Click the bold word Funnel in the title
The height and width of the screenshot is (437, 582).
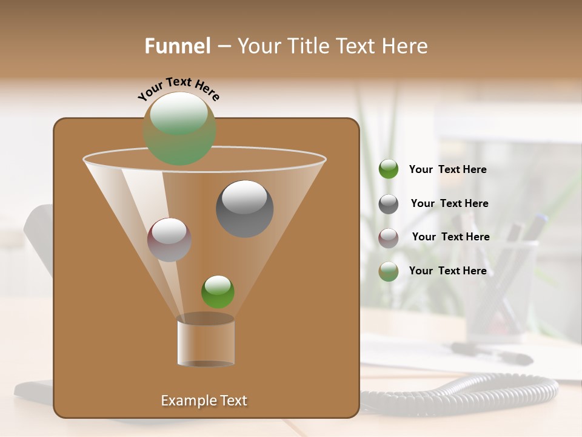coord(177,46)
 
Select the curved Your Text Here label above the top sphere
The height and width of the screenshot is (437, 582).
coord(179,89)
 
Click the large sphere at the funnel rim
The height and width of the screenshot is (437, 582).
coord(179,129)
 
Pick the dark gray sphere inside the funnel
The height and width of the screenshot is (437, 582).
coord(244,209)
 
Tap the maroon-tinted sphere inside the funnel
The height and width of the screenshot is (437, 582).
coord(169,240)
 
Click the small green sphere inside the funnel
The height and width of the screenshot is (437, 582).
coord(218,292)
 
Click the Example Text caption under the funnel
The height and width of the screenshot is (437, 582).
coord(204,401)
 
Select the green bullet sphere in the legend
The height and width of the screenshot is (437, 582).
coord(389,169)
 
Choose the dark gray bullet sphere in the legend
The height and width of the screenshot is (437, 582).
coord(389,204)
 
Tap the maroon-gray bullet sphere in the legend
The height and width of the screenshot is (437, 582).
coord(389,238)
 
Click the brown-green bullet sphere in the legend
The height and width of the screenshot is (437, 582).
coord(389,271)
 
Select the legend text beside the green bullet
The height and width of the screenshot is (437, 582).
coord(447,169)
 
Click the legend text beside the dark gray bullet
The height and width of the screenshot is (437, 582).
coord(449,203)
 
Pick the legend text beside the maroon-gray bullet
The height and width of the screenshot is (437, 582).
coord(450,237)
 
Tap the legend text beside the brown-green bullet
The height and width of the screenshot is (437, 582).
coord(447,271)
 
